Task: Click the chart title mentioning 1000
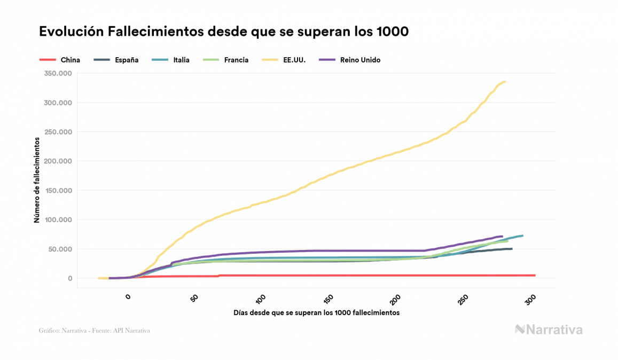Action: point(224,32)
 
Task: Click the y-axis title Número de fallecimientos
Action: point(37,179)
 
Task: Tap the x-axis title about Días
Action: point(316,312)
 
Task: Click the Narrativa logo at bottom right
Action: point(549,330)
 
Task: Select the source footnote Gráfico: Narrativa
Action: point(94,331)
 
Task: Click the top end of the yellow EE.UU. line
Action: point(505,82)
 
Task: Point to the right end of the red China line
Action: point(534,276)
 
